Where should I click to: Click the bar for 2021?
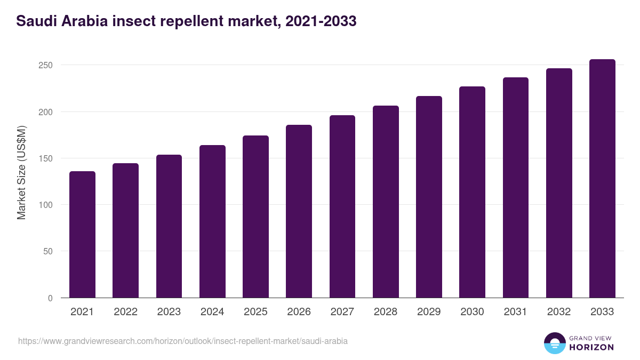[82, 235]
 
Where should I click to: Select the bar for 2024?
[212, 221]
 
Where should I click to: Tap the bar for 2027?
[342, 206]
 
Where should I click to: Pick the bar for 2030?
[472, 192]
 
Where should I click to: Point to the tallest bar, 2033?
[602, 179]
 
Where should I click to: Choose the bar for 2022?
[125, 230]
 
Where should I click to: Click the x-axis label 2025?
[255, 312]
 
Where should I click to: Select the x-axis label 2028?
[386, 312]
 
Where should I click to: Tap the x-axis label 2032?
[559, 312]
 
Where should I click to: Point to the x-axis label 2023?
[169, 312]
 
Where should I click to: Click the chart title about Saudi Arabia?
[186, 21]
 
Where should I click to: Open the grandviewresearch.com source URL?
[183, 341]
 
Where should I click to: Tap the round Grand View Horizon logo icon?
[554, 343]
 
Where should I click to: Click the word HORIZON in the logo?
[591, 347]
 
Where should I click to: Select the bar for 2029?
[429, 197]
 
